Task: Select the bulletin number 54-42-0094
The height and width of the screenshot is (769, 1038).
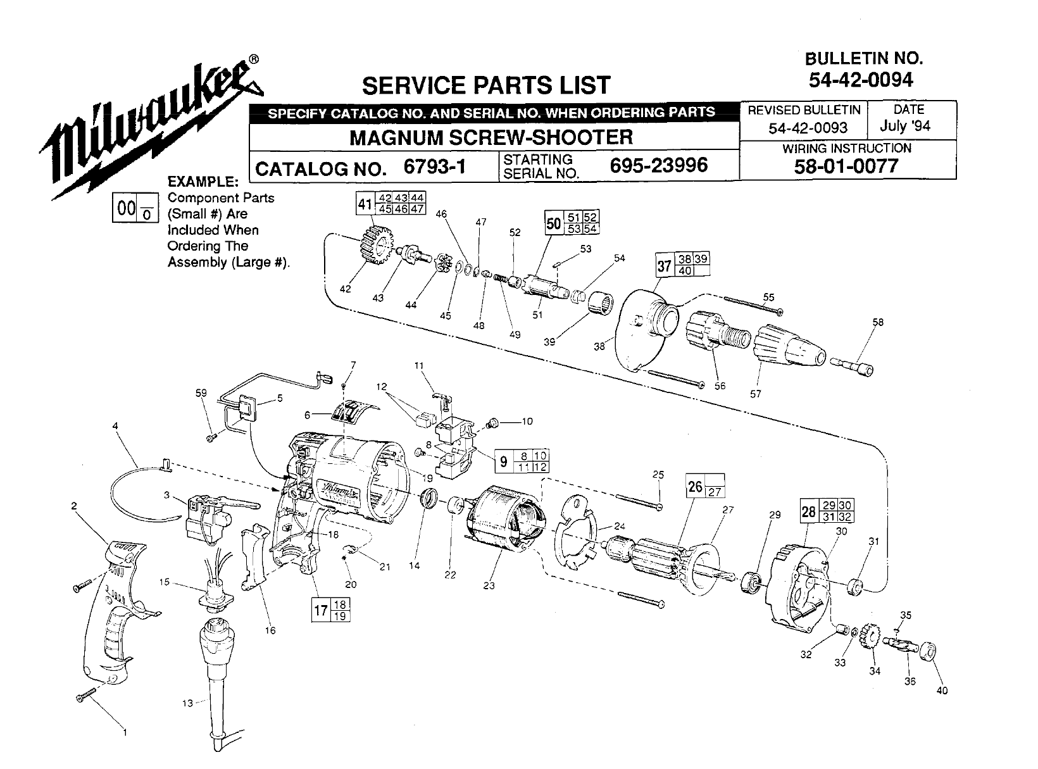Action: (x=861, y=80)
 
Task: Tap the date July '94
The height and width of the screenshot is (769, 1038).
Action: (x=905, y=126)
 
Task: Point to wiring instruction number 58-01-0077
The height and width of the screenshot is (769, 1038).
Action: (x=846, y=166)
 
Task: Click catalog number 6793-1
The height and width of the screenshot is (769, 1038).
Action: (x=435, y=166)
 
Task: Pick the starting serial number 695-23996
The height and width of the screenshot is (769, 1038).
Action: (x=659, y=165)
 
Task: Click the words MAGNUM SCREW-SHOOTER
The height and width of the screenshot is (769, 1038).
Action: (x=491, y=137)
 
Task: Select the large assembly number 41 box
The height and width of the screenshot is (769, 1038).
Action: (x=365, y=204)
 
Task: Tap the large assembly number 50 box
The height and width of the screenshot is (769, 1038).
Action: (x=554, y=223)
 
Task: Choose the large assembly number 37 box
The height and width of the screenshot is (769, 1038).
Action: (x=664, y=266)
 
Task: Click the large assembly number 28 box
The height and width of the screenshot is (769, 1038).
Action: (x=809, y=511)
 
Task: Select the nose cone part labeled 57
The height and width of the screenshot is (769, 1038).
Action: (x=789, y=347)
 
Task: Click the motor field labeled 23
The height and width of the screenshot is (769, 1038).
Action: (x=508, y=522)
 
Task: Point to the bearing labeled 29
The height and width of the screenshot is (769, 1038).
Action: (x=753, y=582)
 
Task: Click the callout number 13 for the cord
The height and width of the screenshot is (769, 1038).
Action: (x=187, y=703)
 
